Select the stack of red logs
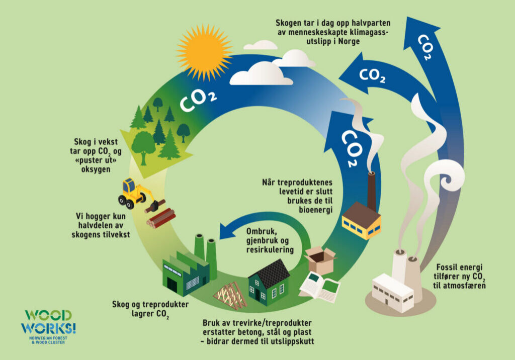coord(161,218)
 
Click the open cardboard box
coord(319,259)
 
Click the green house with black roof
coord(269,283)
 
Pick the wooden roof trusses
coord(230,295)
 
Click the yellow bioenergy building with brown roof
coord(361,221)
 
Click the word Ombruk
coord(261,231)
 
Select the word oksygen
coord(96,169)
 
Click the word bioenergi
coord(316,210)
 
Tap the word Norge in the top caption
coord(349,41)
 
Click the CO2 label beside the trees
coord(198,100)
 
